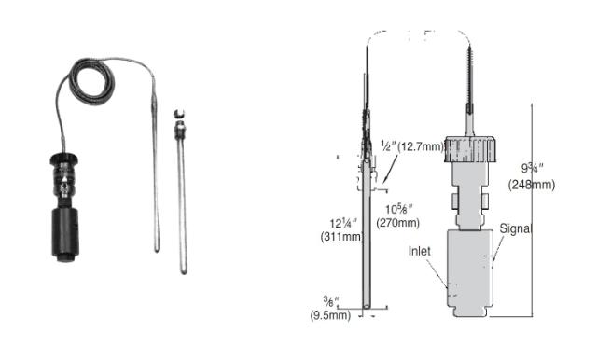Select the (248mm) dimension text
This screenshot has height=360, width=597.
pos(532,185)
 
